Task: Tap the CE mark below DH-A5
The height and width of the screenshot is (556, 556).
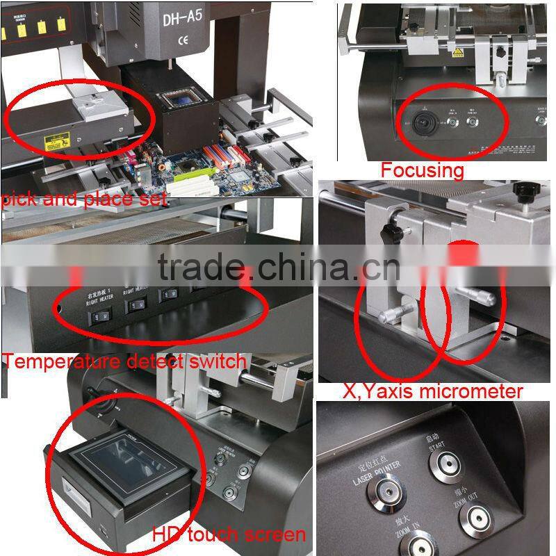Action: pos(183,40)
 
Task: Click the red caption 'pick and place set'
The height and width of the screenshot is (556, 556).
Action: pos(84,199)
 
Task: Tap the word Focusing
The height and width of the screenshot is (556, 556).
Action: pos(422,170)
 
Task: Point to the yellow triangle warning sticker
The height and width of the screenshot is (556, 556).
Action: pos(459,53)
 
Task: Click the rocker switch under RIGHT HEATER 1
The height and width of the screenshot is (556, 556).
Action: pos(99,317)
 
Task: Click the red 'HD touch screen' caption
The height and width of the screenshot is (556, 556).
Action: pos(229,534)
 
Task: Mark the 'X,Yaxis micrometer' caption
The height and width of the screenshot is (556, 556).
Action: pos(432,391)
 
